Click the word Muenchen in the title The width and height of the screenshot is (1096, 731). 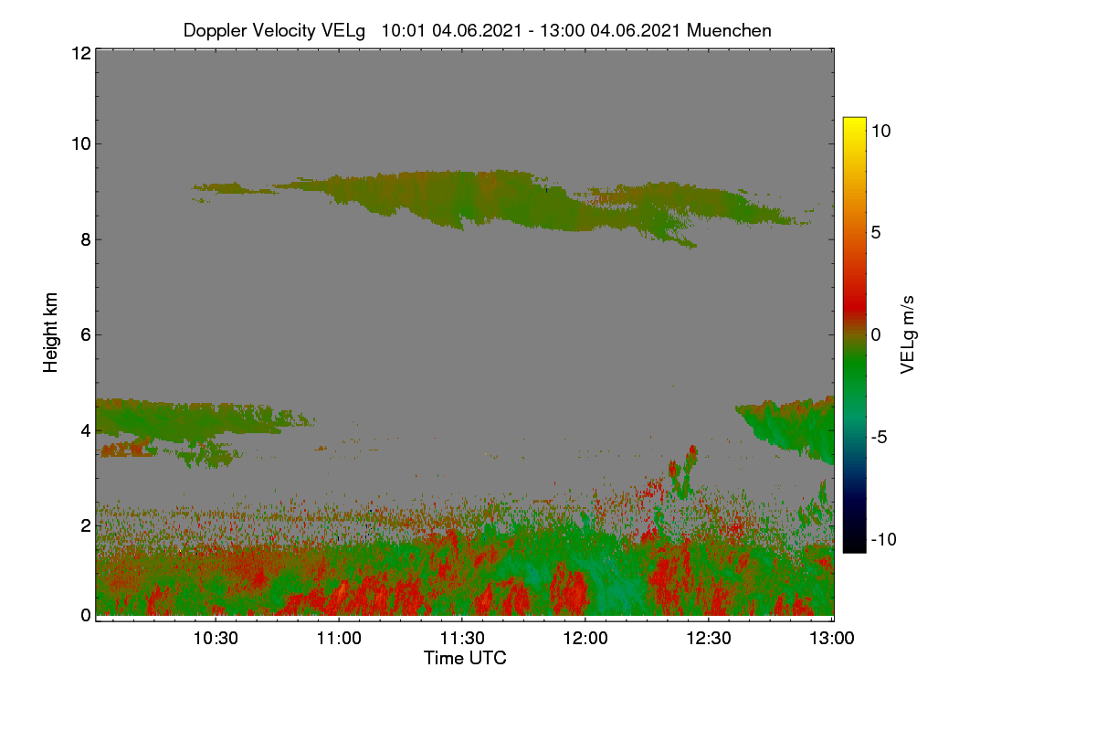tap(729, 30)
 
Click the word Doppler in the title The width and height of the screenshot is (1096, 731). tap(215, 31)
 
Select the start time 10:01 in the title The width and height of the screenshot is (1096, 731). tap(403, 30)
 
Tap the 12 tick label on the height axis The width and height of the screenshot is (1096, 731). tap(81, 53)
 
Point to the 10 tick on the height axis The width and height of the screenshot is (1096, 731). tap(81, 144)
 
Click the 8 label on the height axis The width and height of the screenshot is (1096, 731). tap(86, 239)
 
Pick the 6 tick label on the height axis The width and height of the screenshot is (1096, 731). tap(86, 335)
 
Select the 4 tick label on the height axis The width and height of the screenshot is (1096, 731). tap(86, 431)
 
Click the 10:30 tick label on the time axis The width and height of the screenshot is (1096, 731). tap(216, 638)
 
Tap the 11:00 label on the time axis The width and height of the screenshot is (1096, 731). tap(339, 638)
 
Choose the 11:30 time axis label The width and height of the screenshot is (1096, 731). tap(462, 638)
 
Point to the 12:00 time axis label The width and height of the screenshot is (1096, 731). tap(585, 638)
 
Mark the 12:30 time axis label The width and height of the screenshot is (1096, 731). tap(709, 638)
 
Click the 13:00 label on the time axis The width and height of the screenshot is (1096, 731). tap(832, 638)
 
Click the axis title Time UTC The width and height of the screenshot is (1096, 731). tap(465, 658)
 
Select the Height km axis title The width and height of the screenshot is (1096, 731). tap(50, 333)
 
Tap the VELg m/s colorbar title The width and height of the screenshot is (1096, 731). tap(908, 334)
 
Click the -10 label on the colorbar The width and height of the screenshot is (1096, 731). tap(884, 539)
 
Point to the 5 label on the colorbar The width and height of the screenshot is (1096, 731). tap(876, 233)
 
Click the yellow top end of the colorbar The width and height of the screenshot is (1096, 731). tap(854, 120)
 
